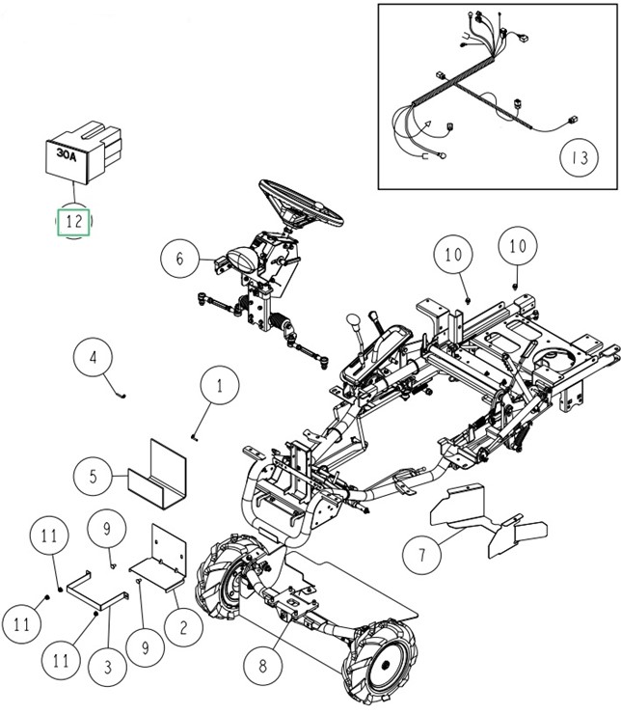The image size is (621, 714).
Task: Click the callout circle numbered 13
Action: coord(579,155)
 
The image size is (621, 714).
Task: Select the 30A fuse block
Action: coord(84,151)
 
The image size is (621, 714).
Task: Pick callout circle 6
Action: coord(178,258)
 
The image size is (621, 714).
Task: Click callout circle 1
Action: coord(219,388)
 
